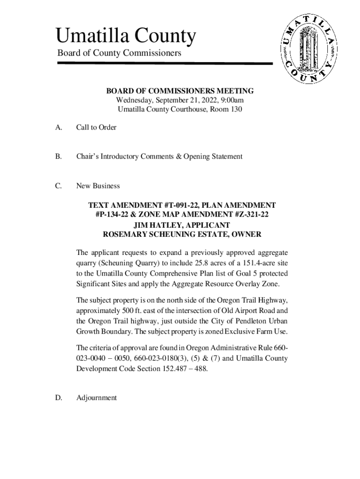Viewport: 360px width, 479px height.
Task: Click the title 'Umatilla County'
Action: pos(125,36)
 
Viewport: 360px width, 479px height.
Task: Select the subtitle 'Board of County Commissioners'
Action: pos(119,53)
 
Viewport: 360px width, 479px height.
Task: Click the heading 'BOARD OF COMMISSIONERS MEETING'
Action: pos(180,91)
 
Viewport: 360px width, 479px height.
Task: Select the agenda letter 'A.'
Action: pos(59,127)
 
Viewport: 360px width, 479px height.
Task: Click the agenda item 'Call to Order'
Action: pos(96,127)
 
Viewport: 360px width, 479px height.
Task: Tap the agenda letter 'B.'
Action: pos(59,156)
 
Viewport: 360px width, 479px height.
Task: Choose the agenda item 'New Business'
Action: pos(98,186)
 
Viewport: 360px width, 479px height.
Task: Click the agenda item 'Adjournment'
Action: pos(96,398)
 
